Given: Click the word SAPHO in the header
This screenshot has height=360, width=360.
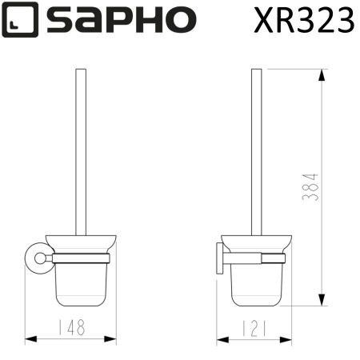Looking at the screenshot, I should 120,21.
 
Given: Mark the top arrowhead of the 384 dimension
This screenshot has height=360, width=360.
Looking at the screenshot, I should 322,74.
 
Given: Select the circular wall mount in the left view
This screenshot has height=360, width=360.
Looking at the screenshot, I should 34,258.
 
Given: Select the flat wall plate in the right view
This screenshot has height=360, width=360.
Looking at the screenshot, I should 218,258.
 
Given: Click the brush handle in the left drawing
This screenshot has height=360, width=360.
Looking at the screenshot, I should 81,152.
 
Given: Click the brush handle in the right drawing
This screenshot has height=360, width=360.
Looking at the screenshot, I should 256,152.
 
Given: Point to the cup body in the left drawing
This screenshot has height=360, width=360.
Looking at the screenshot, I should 81,284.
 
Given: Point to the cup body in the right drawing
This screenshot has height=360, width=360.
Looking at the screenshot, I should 256,284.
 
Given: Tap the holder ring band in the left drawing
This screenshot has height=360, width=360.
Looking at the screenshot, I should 80,258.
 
